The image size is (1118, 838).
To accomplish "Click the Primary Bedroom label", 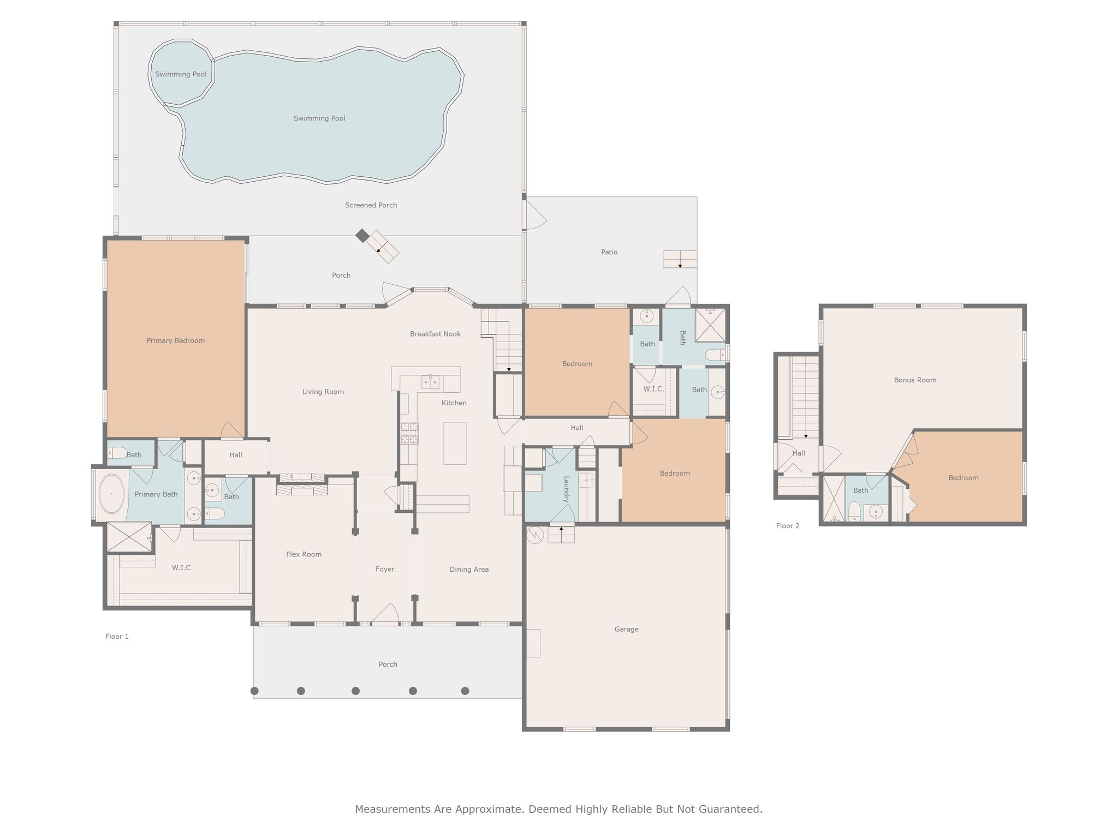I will [175, 341].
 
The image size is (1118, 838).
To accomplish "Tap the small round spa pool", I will [181, 74].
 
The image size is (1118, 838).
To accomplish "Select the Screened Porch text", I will [371, 205].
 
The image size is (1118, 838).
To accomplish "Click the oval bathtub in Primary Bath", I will [112, 494].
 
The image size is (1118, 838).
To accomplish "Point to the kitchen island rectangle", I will [455, 443].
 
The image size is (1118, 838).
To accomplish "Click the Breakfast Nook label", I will [435, 334].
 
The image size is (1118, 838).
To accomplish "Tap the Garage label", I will [626, 629].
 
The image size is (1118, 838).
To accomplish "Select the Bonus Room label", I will [915, 380].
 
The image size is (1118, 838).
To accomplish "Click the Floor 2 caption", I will [787, 526].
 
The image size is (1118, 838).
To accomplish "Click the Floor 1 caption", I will [117, 636].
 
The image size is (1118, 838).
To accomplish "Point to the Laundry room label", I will [567, 489].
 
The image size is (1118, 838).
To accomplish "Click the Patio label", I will [609, 252].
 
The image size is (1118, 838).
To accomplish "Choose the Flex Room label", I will [304, 554].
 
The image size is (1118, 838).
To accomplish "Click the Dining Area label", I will [469, 570].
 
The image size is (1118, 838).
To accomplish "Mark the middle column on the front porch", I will [355, 691].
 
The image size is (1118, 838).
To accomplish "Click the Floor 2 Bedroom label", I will [963, 478].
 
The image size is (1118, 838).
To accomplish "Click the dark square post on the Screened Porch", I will [362, 236].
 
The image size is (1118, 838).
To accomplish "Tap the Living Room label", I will [323, 392].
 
